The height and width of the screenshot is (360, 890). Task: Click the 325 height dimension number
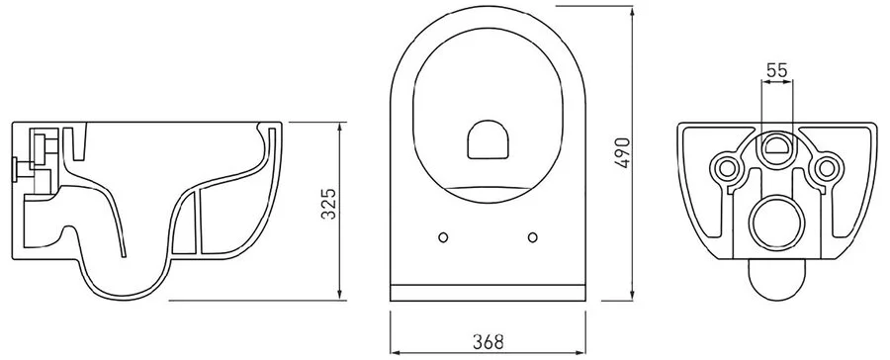(329, 205)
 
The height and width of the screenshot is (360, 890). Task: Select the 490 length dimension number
(622, 151)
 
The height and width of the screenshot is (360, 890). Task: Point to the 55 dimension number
(777, 71)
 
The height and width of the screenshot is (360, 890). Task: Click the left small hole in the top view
(443, 236)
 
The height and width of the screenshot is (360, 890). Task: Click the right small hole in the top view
(533, 236)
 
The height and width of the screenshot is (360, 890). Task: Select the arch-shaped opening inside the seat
(488, 139)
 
